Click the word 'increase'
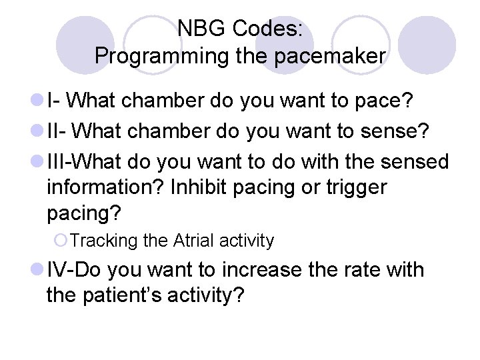click(279, 270)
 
